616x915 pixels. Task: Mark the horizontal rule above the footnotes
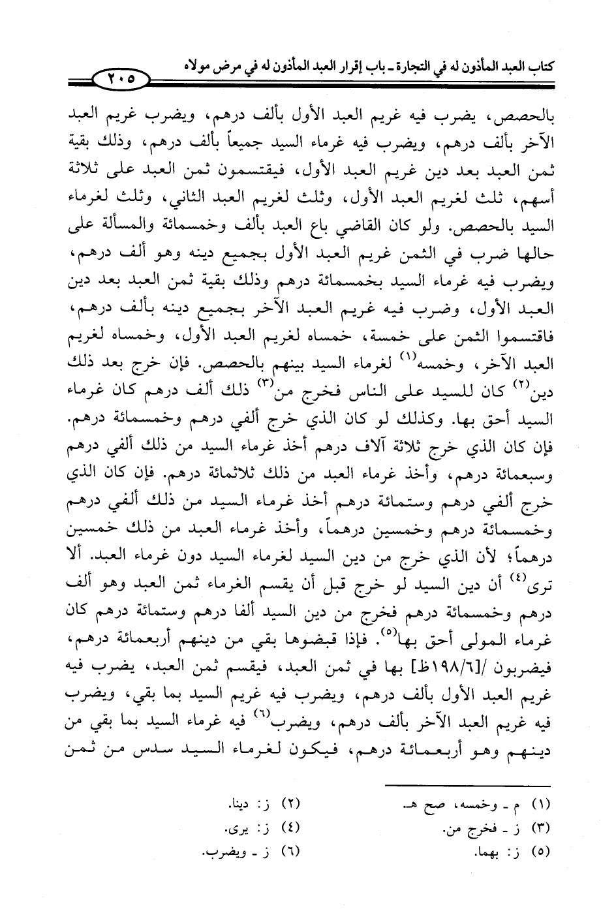tap(468, 785)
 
